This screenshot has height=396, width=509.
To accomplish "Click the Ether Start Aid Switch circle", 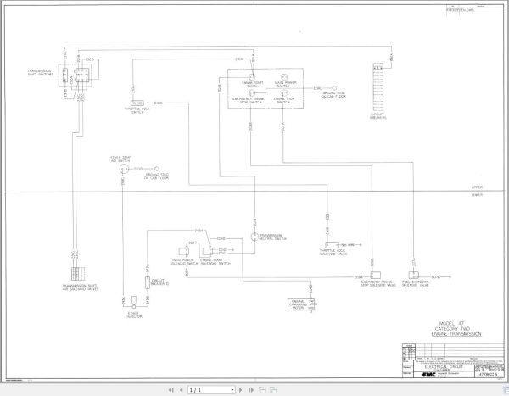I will pos(122,169).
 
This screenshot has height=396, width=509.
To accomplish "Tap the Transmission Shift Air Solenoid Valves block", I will pos(76,275).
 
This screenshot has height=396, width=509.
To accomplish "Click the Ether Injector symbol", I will pos(133,306).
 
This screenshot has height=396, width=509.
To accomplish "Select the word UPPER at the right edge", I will pos(476,188).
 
